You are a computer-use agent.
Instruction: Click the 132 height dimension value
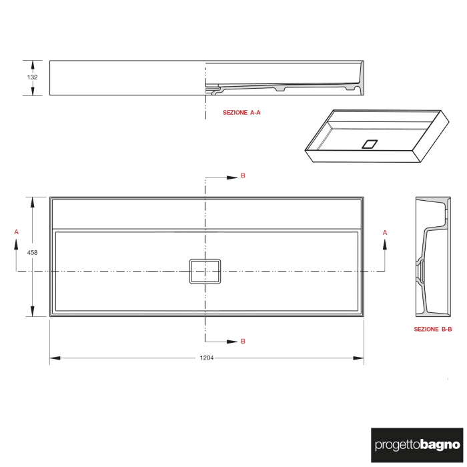[x=33, y=77]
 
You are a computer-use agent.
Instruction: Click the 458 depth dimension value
[x=32, y=253]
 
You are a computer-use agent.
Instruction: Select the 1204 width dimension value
[x=207, y=358]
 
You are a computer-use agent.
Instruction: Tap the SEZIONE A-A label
[x=242, y=113]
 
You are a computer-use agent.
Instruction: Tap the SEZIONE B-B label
[x=433, y=329]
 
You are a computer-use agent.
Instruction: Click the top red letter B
[x=243, y=176]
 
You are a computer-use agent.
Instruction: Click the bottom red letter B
[x=243, y=341]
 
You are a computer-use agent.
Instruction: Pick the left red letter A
[x=16, y=231]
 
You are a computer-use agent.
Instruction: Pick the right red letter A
[x=385, y=231]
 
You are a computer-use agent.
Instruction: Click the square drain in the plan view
[x=205, y=272]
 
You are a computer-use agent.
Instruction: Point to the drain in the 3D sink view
[x=370, y=143]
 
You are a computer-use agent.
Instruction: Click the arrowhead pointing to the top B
[x=232, y=177]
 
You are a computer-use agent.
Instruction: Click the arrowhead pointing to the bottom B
[x=232, y=342]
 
